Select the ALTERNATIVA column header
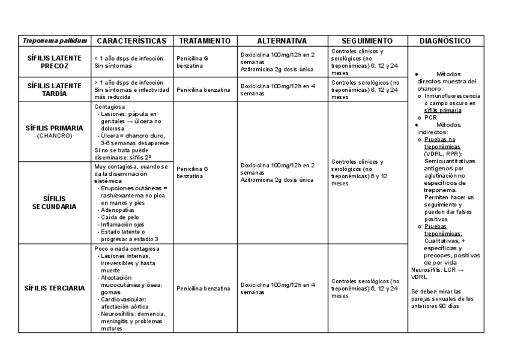point(282,41)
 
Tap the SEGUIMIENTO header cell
point(367,41)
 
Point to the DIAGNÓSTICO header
point(445,41)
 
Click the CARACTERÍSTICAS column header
point(131,41)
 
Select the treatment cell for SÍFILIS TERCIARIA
point(203,289)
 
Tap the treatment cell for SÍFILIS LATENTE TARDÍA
point(203,90)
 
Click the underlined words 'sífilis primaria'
point(442,110)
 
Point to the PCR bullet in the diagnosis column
point(430,118)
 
